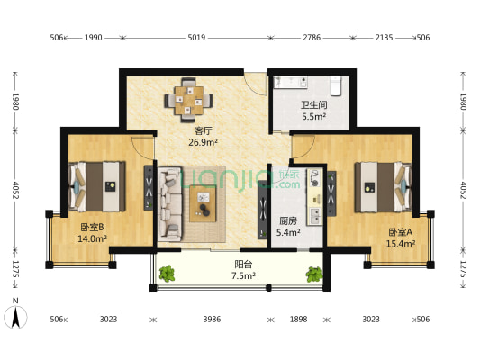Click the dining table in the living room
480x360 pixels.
[188, 100]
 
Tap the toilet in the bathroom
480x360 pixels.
[336, 85]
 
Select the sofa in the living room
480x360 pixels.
[170, 202]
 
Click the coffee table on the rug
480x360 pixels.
[203, 203]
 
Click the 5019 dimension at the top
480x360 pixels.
[196, 38]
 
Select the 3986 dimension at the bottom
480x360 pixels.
[212, 319]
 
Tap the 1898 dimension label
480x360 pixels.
[298, 319]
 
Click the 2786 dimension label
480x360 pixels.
[312, 38]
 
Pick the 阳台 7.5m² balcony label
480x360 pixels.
[243, 270]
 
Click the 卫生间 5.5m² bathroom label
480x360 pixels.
[313, 111]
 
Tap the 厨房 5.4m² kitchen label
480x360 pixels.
[288, 227]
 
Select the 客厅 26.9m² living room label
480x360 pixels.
[203, 137]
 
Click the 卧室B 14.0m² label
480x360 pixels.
[92, 233]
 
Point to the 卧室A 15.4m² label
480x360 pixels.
[401, 238]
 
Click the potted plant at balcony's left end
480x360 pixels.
[167, 273]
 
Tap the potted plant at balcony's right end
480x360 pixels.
[314, 274]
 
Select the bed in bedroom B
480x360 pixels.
[97, 186]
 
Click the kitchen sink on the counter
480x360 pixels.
[314, 216]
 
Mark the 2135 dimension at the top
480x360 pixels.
[384, 38]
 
